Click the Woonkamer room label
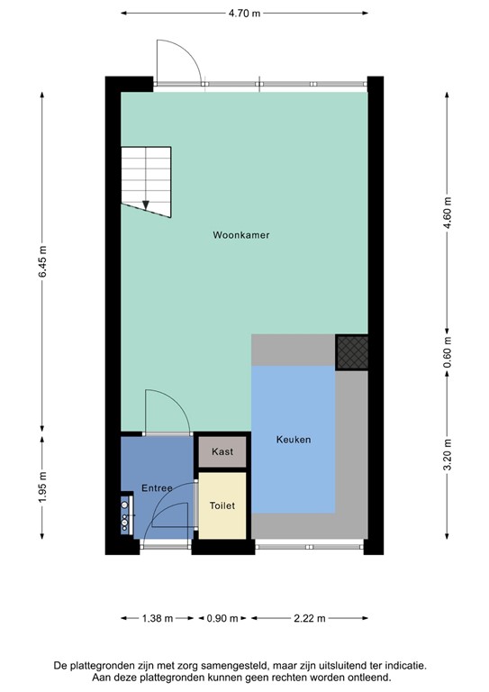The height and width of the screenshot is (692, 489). [x=241, y=235]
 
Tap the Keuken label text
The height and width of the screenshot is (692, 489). [x=294, y=440]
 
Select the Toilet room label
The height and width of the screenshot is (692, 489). [x=222, y=506]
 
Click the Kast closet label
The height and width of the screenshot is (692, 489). [x=222, y=451]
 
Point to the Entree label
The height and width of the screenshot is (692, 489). [x=157, y=488]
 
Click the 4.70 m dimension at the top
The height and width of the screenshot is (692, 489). [x=244, y=14]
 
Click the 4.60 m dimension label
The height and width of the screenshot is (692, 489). [x=448, y=214]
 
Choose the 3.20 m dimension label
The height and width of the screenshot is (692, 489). [x=448, y=451]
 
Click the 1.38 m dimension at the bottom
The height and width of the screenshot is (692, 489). [x=152, y=618]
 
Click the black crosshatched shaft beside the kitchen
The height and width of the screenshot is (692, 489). [x=351, y=351]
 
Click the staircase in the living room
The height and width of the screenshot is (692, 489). [x=146, y=180]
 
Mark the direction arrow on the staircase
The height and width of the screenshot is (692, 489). [x=146, y=204]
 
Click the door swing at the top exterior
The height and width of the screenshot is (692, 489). [x=177, y=63]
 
